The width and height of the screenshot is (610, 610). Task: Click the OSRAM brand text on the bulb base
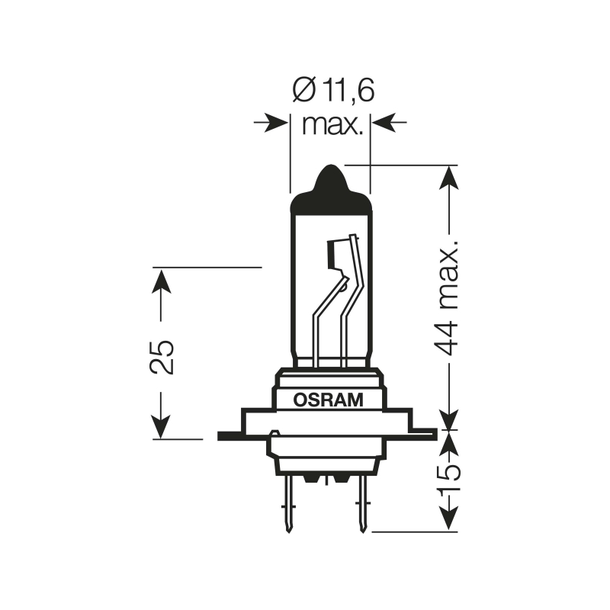tap(329, 398)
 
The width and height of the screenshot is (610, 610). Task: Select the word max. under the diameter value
tap(330, 124)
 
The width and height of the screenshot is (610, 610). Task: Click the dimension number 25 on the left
tap(162, 355)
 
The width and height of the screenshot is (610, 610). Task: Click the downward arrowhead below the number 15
tap(450, 518)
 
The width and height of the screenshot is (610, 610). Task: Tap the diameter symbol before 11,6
tap(302, 91)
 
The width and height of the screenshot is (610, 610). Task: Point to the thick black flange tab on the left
tap(229, 436)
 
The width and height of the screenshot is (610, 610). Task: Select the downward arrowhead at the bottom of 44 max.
tap(450, 419)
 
